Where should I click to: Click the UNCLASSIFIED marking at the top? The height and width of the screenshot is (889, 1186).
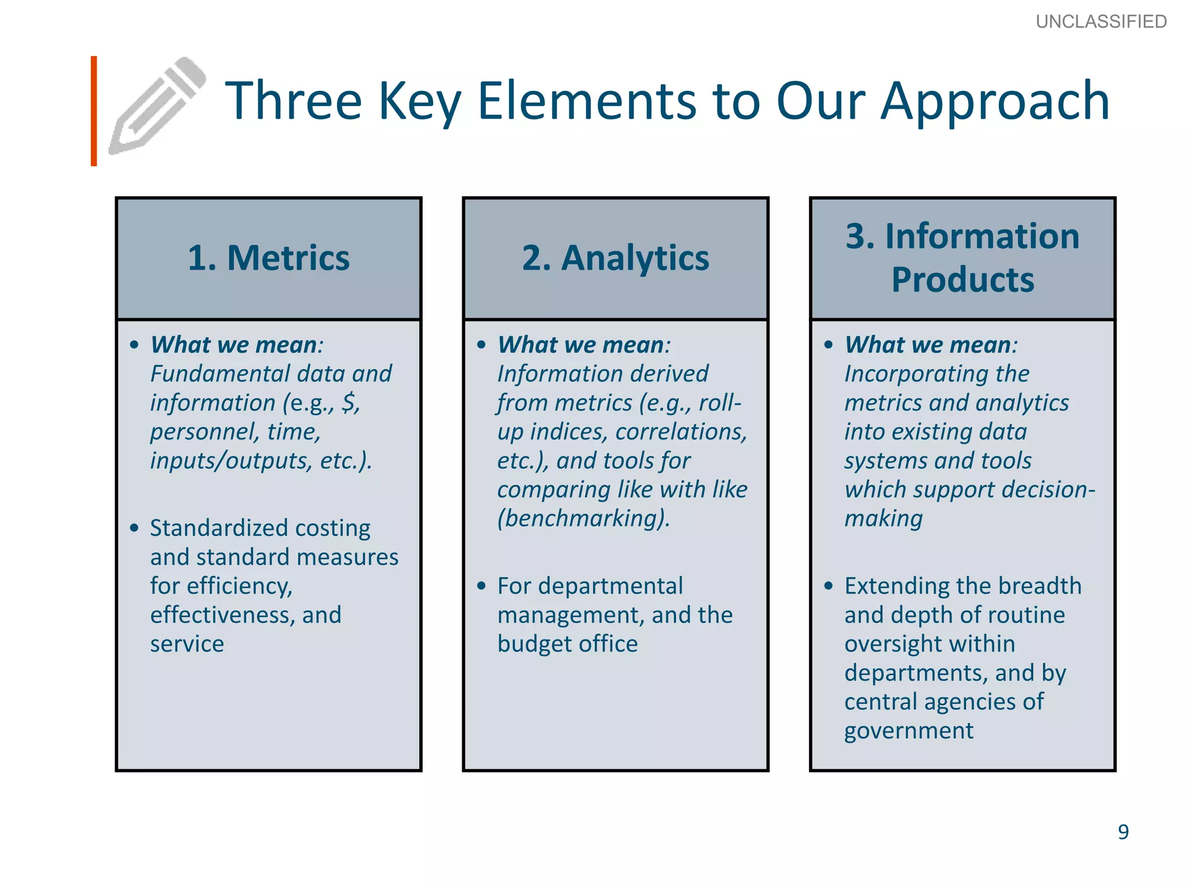pos(1101,22)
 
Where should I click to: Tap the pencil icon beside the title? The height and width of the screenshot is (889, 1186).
pos(158,106)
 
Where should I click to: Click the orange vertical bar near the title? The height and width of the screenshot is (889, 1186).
pos(94,111)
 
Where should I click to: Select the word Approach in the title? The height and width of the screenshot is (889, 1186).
pos(994,102)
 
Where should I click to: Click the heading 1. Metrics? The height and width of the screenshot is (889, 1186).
pos(269,258)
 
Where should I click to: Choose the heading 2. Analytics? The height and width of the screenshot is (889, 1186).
pos(615,258)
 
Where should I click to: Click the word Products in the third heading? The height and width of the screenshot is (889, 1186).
pos(962,280)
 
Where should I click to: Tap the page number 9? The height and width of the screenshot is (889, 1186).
pos(1123,832)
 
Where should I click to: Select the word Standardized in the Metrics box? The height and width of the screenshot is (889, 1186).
pos(219,528)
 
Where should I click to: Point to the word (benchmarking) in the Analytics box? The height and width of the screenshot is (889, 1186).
pos(583,518)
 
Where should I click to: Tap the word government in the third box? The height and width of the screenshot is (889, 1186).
pos(909,730)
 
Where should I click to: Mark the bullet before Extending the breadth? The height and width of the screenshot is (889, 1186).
pos(829,586)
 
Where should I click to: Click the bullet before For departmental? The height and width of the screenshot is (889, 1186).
pos(481,586)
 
